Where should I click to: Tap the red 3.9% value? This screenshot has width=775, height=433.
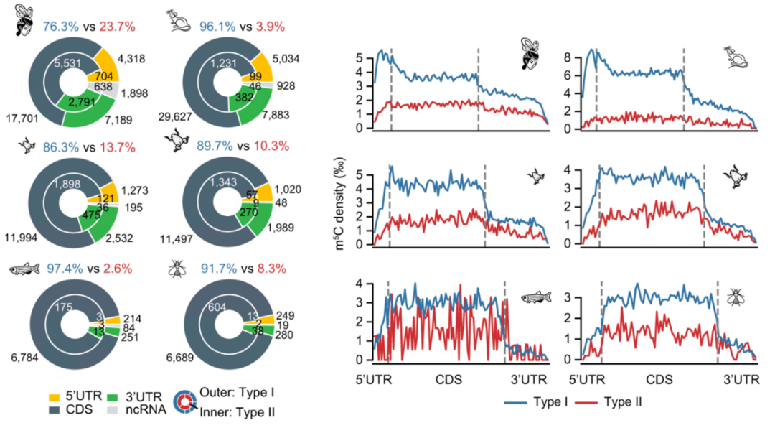pyautogui.click(x=268, y=27)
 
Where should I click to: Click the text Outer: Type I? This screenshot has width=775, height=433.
pyautogui.click(x=239, y=394)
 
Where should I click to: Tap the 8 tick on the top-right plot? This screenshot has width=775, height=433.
pyautogui.click(x=567, y=55)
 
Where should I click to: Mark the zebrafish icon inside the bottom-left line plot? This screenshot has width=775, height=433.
pyautogui.click(x=535, y=297)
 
